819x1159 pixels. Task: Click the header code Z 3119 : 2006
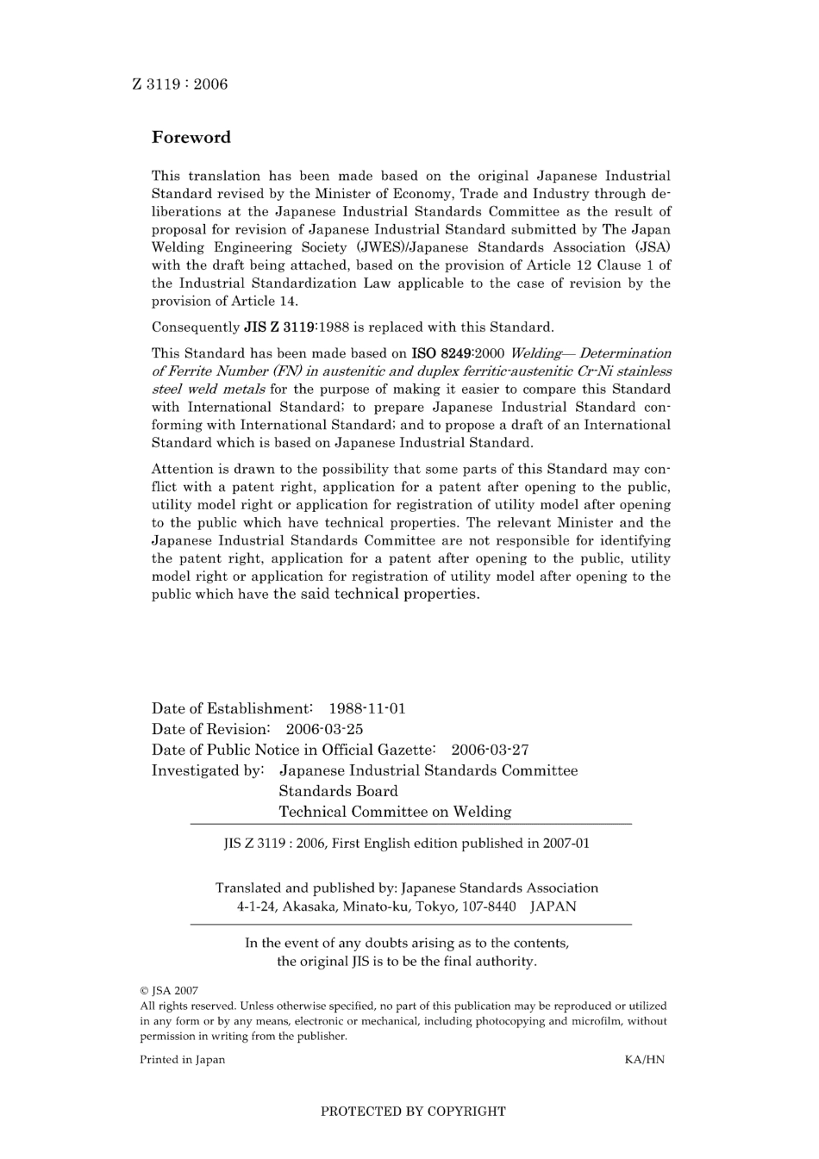coord(180,84)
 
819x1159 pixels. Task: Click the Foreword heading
coord(191,137)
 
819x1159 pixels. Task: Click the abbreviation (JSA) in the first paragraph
coord(652,247)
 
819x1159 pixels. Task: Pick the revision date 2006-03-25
coord(324,730)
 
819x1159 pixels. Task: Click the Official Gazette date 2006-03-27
coord(490,751)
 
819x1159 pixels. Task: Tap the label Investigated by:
coord(208,771)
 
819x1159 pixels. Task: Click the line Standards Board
coord(338,792)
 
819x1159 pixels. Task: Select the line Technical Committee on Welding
coord(395,813)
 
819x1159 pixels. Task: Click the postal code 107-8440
coord(488,907)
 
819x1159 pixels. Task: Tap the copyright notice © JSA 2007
coord(169,991)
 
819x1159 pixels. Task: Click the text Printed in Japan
coord(182,1060)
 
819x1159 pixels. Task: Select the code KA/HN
coord(644,1060)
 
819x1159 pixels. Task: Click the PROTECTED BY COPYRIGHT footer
coord(413,1112)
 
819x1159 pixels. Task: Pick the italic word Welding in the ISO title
coord(536,353)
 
